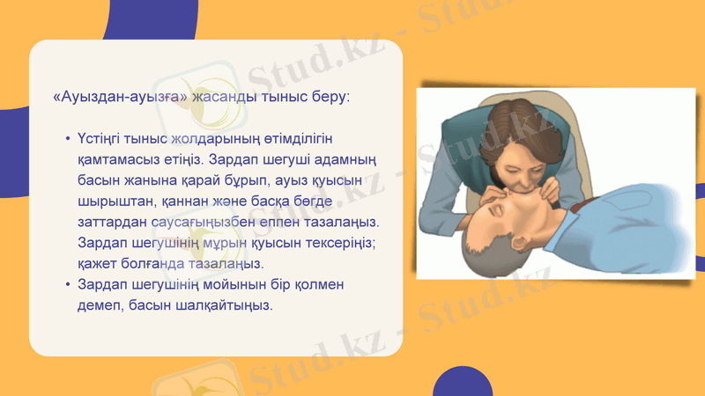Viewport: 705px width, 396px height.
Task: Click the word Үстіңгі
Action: pos(102,140)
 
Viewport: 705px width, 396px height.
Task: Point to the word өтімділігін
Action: pos(298,140)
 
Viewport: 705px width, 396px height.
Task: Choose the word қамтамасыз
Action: pos(119,160)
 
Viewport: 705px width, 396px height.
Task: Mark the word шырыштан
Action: pos(113,202)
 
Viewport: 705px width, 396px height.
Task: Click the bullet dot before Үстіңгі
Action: pos(68,141)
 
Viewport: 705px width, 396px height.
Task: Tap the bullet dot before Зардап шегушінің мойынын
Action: pos(68,286)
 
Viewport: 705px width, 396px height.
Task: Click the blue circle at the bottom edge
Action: pos(462,383)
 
